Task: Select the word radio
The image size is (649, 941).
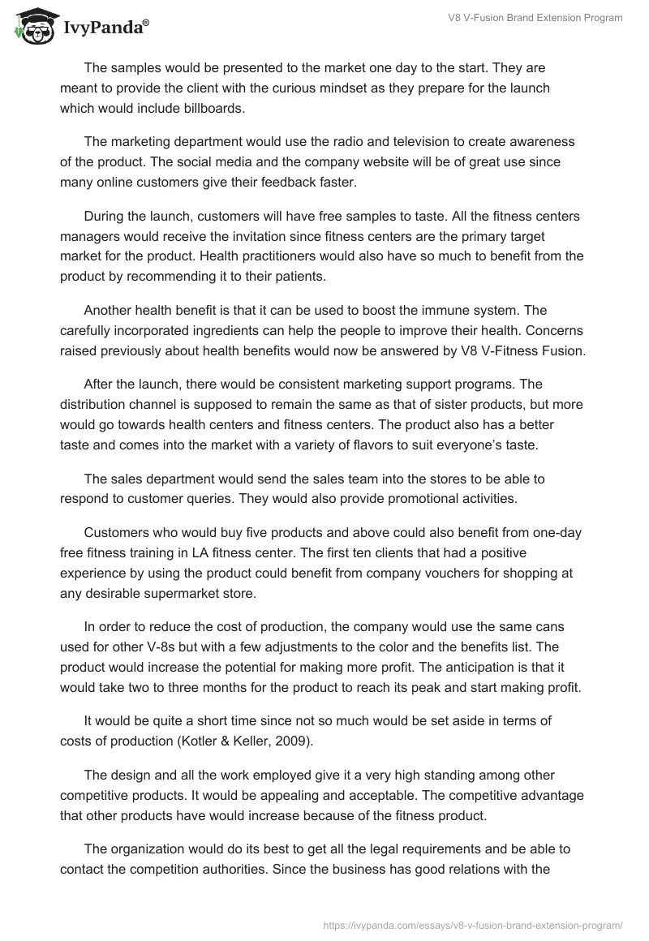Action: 350,142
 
